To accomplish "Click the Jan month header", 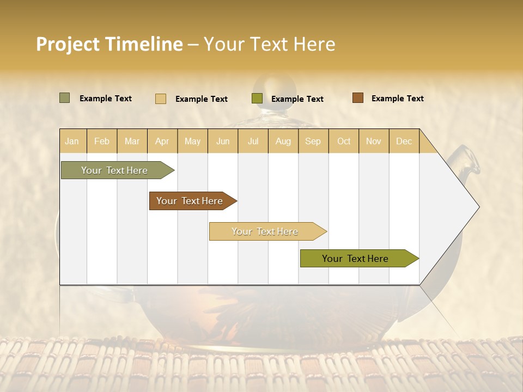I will [x=72, y=141].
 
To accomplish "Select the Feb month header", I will [x=102, y=141].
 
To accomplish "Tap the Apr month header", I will [x=162, y=141].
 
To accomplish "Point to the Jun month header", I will [x=223, y=141].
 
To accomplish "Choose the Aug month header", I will [x=283, y=141].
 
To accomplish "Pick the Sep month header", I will [x=313, y=141].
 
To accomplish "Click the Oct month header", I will [x=344, y=141].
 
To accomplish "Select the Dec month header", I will [x=404, y=141].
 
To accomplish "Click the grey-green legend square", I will [x=64, y=98].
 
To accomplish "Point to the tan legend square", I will [x=161, y=99].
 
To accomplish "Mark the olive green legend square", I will [x=257, y=99].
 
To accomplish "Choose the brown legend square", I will [x=357, y=98].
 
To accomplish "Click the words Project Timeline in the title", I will [x=110, y=44].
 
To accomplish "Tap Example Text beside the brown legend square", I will [x=397, y=99].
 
